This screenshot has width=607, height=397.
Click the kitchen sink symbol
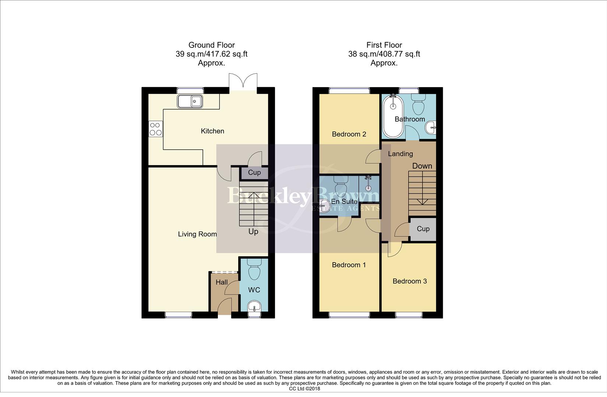point(190,101)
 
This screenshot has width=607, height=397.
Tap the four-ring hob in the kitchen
point(155,129)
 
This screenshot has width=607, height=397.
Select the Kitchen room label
point(212,131)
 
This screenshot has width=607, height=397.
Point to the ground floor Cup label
point(254,172)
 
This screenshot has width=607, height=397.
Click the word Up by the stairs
point(253,232)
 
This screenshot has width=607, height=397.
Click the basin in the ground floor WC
point(254,306)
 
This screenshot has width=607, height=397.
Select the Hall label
point(222,282)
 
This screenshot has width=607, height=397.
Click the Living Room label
point(197,234)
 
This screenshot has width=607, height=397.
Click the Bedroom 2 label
point(349,134)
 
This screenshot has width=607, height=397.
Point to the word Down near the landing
point(422,166)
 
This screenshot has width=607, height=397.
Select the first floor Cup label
point(423,229)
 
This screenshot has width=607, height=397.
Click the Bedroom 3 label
point(410,281)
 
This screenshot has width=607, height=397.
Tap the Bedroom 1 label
point(349,265)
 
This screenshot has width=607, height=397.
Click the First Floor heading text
point(384,45)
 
